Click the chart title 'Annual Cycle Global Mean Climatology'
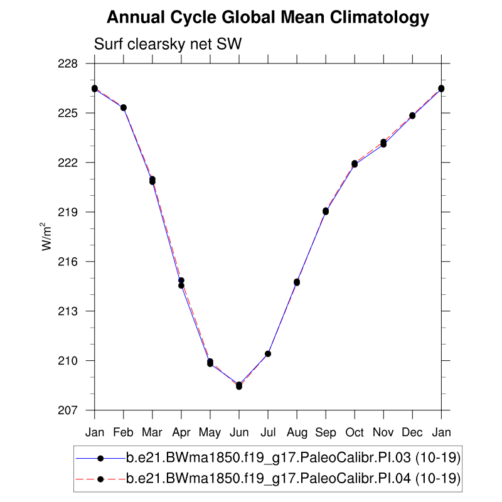pyautogui.click(x=268, y=18)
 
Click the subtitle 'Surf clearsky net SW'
pyautogui.click(x=168, y=45)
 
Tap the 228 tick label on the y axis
pyautogui.click(x=69, y=64)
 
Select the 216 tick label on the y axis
pyautogui.click(x=69, y=262)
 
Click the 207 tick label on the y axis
pyautogui.click(x=69, y=410)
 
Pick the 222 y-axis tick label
pyautogui.click(x=69, y=163)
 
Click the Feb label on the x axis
pyautogui.click(x=124, y=432)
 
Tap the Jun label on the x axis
pyautogui.click(x=239, y=432)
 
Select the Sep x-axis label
pyautogui.click(x=326, y=432)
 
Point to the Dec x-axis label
pyautogui.click(x=412, y=432)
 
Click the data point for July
pyautogui.click(x=268, y=354)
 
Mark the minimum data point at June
pyautogui.click(x=239, y=386)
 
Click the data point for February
pyautogui.click(x=124, y=108)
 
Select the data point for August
pyautogui.click(x=297, y=282)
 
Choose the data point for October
pyautogui.click(x=355, y=164)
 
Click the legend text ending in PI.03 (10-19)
pyautogui.click(x=294, y=459)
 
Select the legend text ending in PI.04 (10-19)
pyautogui.click(x=294, y=479)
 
